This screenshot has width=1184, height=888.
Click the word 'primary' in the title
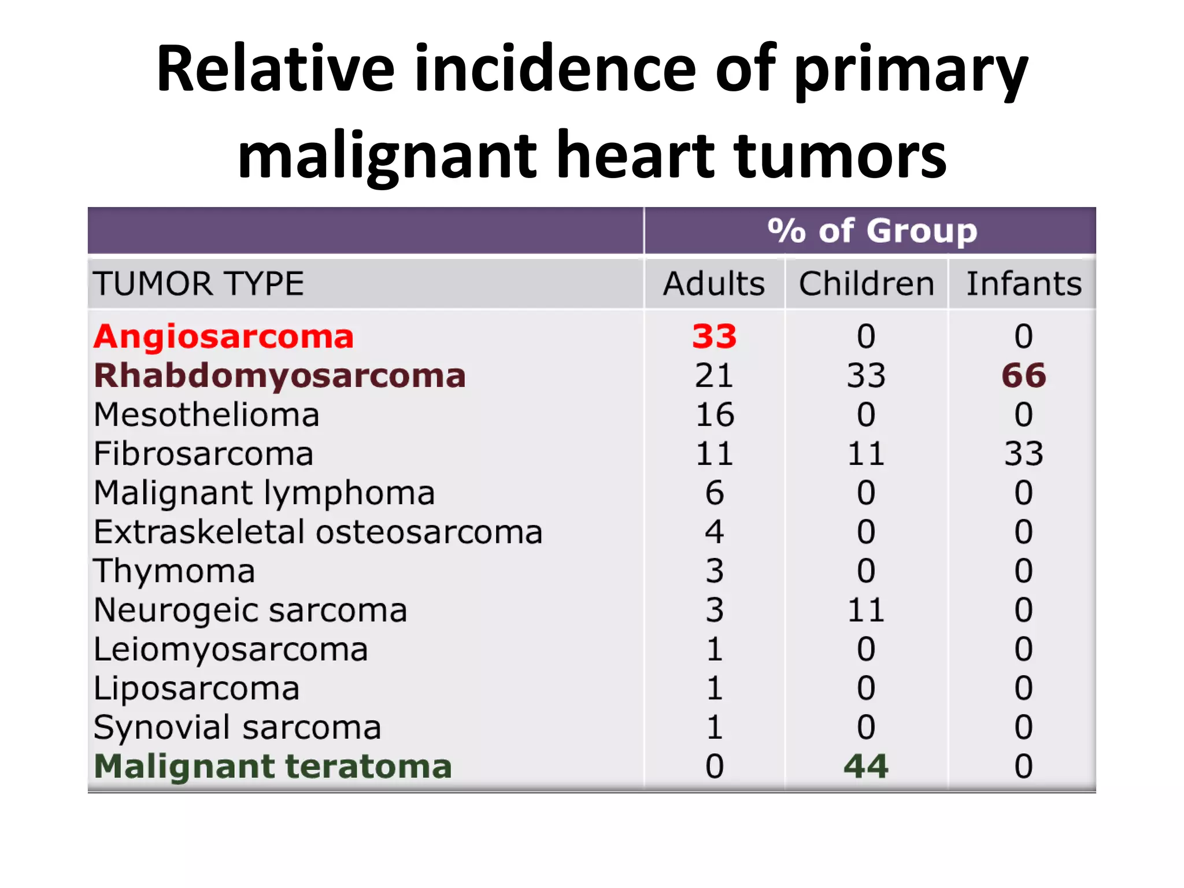coord(911,71)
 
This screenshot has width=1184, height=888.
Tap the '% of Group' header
coord(872,231)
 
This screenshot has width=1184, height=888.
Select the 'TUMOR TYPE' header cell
coord(198,284)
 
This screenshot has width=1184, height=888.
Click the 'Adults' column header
coord(714,284)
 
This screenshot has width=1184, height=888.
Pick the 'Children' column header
coord(866,284)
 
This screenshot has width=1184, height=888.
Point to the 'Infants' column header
coord(1023,284)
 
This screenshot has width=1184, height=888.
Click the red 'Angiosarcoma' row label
coord(224,336)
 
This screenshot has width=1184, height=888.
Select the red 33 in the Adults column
coord(715,336)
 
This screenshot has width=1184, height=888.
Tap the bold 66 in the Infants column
coord(1023,376)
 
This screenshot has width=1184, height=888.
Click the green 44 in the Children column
coord(866,767)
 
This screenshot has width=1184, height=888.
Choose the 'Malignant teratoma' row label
coord(272,767)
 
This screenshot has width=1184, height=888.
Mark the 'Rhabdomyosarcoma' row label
coord(280,376)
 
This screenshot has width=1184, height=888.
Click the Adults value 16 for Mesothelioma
coord(715,415)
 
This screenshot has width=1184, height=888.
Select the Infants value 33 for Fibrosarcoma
coord(1023,454)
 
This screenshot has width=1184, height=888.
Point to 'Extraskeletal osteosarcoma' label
coord(318,532)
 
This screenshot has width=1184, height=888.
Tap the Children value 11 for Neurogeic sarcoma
coord(866,610)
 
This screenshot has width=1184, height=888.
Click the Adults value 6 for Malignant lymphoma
coord(715,493)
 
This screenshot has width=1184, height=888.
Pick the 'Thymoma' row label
coord(174,571)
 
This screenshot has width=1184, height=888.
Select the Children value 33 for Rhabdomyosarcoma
coord(866,376)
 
